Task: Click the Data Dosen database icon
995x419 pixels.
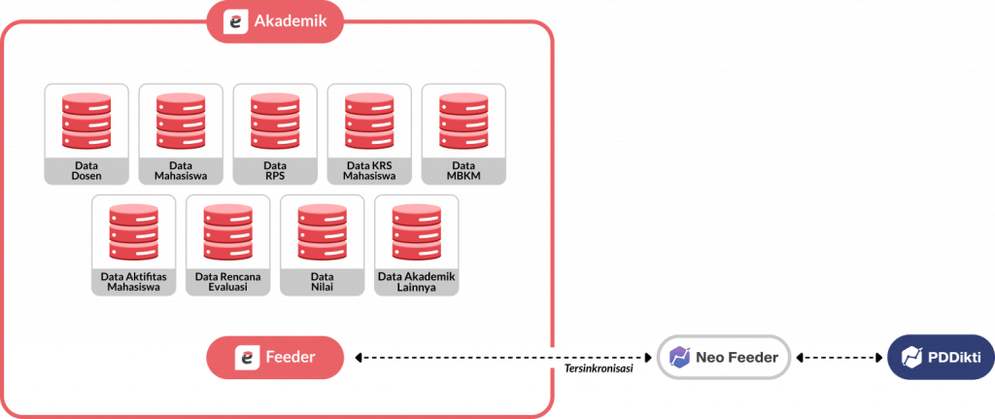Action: point(86,121)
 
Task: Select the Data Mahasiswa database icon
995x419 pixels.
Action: point(181,121)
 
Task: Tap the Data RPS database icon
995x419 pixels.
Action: point(275,121)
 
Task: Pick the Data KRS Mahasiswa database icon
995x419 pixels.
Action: point(369,121)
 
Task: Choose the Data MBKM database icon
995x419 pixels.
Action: point(463,121)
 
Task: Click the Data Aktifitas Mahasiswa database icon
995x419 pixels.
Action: point(133,231)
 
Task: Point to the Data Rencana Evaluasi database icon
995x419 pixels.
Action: point(227,231)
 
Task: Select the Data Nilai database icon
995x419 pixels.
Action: point(322,231)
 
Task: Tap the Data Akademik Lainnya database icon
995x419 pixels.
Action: point(416,231)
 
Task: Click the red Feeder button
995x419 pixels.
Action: point(275,358)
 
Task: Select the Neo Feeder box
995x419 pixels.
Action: point(723,358)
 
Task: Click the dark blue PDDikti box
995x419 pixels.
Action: point(940,358)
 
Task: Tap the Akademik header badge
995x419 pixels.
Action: point(275,22)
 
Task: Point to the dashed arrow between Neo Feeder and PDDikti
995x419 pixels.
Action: point(838,358)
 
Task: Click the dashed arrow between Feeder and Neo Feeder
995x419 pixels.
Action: point(500,358)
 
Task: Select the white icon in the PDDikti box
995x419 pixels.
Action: point(909,358)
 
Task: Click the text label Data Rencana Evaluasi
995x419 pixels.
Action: point(227,282)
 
